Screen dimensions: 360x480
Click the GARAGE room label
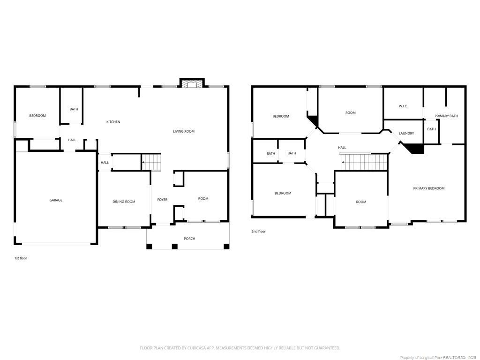click(x=56, y=200)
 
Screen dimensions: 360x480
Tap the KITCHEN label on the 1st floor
click(x=113, y=122)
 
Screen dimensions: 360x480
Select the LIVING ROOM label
click(x=184, y=131)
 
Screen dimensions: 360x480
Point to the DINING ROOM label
click(x=124, y=202)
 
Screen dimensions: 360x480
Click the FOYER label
click(x=162, y=200)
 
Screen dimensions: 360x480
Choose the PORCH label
click(x=189, y=239)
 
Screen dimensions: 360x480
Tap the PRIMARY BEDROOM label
click(x=428, y=188)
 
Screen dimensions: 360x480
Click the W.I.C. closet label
click(x=403, y=106)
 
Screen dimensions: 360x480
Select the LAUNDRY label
click(x=406, y=134)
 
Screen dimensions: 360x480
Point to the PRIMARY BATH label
click(x=446, y=116)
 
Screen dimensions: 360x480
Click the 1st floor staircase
click(x=151, y=162)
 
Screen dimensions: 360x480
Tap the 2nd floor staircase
click(x=364, y=162)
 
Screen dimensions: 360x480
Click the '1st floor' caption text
click(x=21, y=258)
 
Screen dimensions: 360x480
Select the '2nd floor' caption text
click(x=258, y=232)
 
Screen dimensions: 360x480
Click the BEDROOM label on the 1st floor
click(x=37, y=116)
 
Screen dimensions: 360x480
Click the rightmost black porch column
click(x=226, y=246)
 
